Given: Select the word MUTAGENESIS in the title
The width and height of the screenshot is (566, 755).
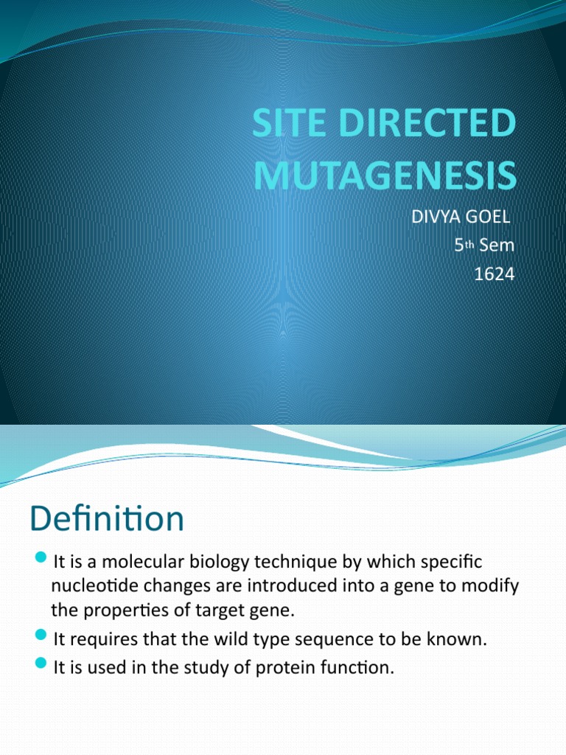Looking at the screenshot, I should point(383,175).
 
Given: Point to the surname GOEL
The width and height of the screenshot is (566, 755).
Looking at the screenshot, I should point(489,219).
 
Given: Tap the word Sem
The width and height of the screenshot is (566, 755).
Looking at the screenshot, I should point(497,246).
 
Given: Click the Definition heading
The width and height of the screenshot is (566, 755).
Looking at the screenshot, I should point(107,519).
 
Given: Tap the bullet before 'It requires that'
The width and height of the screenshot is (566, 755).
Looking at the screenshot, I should point(41,638).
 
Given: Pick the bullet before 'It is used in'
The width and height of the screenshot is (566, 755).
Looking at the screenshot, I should point(41,666).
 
